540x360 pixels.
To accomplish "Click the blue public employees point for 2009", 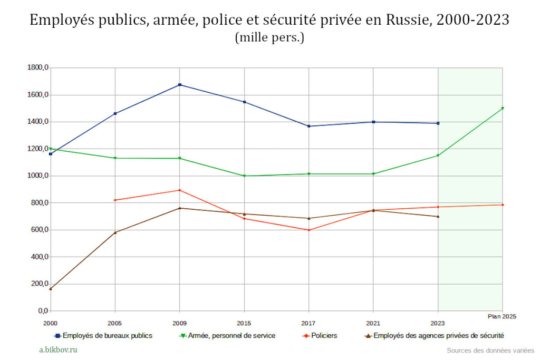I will (180, 85).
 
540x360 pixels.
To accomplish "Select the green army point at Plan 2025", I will (503, 108).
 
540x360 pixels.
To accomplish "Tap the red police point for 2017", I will (309, 230).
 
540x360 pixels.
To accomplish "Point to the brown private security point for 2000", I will (51, 289).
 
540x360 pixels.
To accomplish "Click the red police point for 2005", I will (115, 200).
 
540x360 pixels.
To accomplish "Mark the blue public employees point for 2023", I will (438, 123).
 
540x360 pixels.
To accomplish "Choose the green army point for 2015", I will (244, 176).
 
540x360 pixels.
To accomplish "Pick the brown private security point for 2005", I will (115, 232).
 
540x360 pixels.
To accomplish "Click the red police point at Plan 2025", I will (503, 205).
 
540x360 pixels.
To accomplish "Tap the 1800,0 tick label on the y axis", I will (38, 68).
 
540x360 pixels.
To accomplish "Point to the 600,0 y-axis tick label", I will (38, 230).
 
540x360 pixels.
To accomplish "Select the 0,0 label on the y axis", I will (42, 311).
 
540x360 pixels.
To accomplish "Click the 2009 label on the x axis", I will (180, 323).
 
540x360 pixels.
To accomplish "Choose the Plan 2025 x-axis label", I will (502, 317).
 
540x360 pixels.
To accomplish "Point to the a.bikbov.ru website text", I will (59, 349).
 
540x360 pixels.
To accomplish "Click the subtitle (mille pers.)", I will (269, 38).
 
